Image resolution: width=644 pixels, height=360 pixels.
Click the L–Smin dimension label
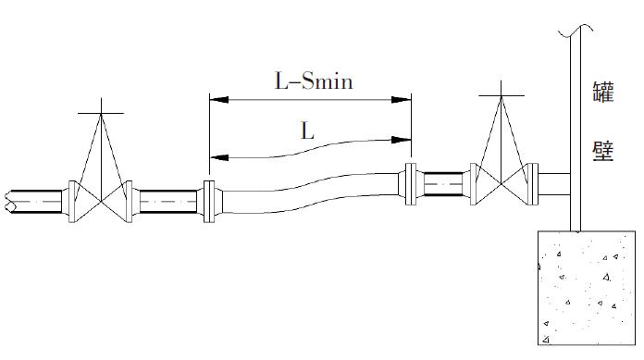click(314, 81)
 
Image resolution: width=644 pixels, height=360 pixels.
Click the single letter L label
click(307, 131)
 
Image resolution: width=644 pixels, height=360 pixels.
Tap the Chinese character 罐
click(602, 92)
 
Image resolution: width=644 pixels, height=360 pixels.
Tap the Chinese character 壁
click(602, 151)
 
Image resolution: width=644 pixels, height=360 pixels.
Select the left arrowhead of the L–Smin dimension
click(219, 99)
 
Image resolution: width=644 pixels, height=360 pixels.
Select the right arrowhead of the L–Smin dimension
click(402, 99)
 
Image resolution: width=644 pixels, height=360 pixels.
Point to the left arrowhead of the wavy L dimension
click(219, 157)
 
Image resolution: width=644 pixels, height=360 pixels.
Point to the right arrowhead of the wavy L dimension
click(402, 140)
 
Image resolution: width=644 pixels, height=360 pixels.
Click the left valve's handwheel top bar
click(101, 113)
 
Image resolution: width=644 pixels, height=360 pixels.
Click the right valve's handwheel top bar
click(502, 95)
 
